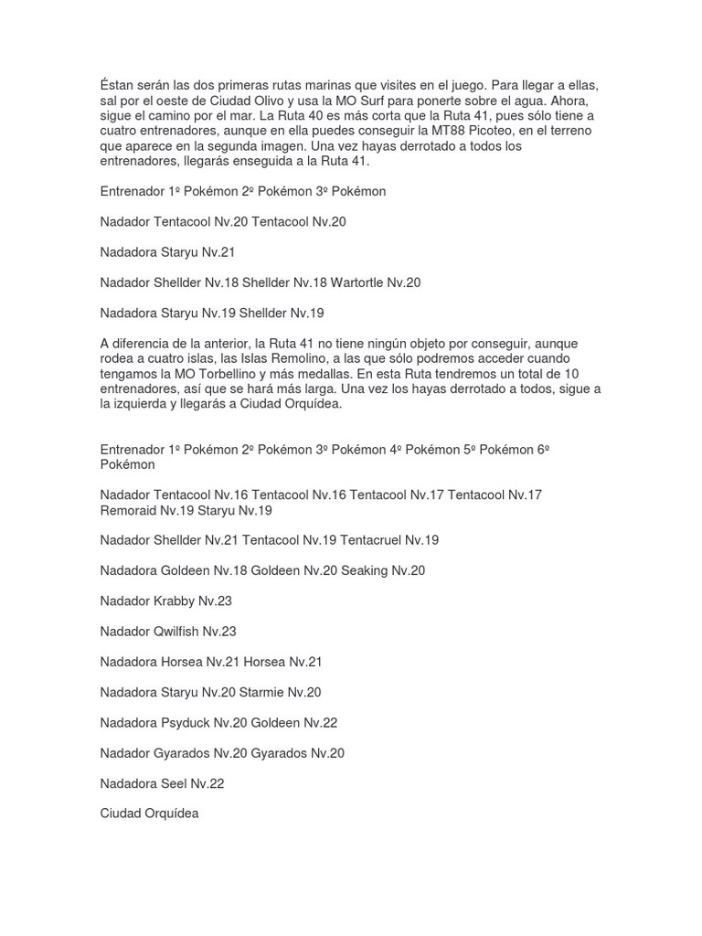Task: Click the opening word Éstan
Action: (x=118, y=85)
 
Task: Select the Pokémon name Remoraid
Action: (x=128, y=510)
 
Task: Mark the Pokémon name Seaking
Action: (x=365, y=570)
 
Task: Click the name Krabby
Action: (x=174, y=601)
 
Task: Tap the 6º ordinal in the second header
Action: (x=542, y=450)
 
